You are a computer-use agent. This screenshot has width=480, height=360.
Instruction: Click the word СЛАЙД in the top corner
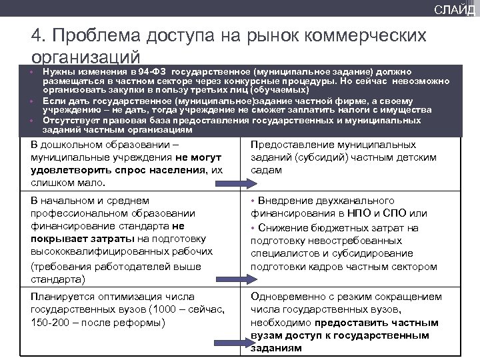click(455, 9)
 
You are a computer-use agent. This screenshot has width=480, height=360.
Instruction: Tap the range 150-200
click(53, 323)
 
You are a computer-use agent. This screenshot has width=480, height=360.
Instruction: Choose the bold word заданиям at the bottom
click(276, 348)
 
